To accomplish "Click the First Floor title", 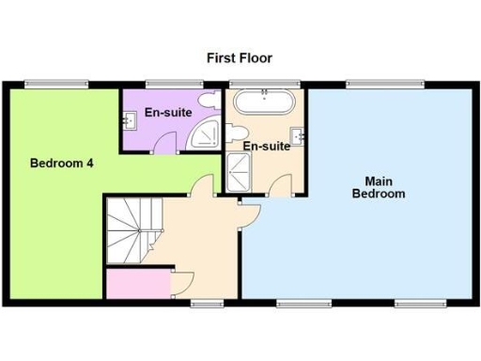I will pos(240,58).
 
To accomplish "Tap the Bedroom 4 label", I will pos(61,162).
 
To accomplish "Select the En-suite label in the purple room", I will pos(168,113).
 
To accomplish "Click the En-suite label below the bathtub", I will pos(266,147).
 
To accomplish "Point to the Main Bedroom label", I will pos(379,187).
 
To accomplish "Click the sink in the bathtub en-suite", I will pos(300,137).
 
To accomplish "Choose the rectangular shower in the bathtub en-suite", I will pos(234,173).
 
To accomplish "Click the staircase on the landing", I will pos(125,231).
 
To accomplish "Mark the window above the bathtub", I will pos(265,85).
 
